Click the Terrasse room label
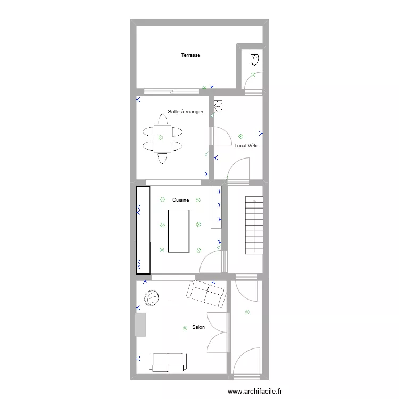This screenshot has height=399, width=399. coord(190,55)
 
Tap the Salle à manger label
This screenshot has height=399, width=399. coord(186,112)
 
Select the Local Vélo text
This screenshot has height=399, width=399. coord(246,146)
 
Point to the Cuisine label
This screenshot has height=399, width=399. coord(181,200)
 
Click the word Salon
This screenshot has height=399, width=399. coord(198,327)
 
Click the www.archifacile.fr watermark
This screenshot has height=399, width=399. coord(255,392)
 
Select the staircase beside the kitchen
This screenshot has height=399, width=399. coord(254,226)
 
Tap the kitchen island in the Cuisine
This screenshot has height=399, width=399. coord(179,231)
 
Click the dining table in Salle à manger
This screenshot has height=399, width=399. coord(162,138)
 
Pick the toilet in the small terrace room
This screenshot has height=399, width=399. coord(254,58)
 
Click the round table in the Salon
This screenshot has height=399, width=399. coord(153,298)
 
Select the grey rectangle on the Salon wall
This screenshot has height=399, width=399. coord(140,325)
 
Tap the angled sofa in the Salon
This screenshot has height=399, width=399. coord(206,294)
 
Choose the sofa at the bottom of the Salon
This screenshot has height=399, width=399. coord(168,362)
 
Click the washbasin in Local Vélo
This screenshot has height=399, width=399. coord(219,106)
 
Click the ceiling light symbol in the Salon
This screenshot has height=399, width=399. coord(185,328)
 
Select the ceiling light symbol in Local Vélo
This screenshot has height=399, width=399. coord(241,136)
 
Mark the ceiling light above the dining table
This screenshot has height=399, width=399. coord(160,137)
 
